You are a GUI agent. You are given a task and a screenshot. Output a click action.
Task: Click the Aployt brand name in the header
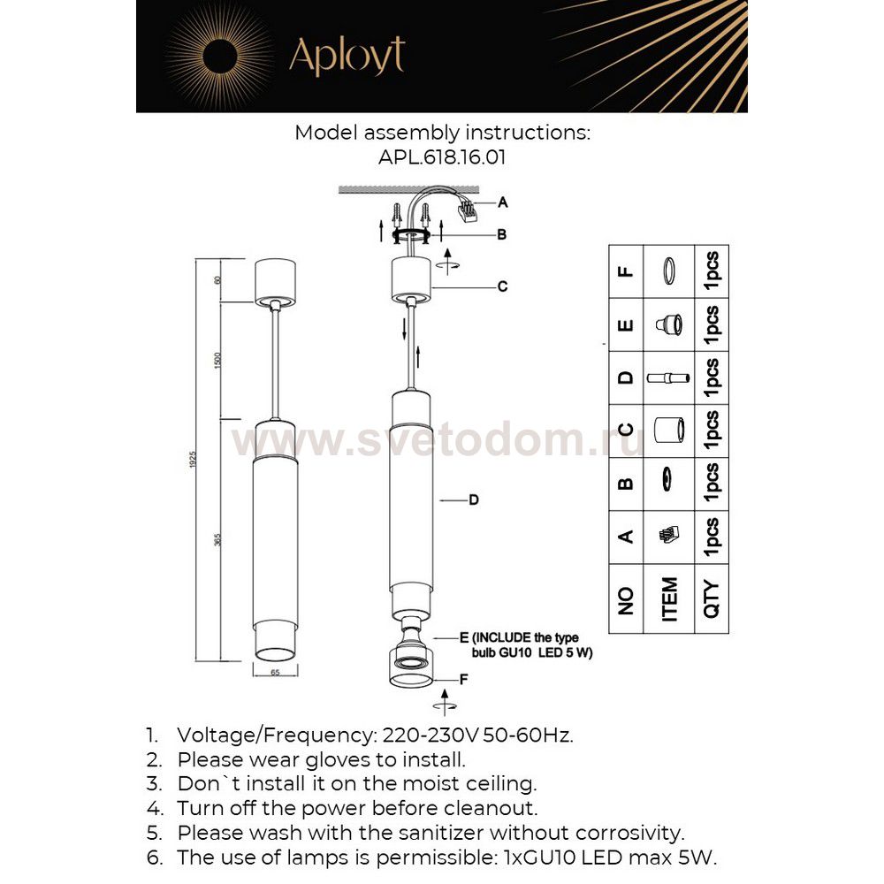coord(347,57)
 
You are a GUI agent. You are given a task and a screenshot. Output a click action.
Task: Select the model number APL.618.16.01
coord(442,156)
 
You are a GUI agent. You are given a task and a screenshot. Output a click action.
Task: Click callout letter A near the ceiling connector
coord(502,202)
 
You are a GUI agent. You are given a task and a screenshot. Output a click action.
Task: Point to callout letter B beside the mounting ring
coord(501,234)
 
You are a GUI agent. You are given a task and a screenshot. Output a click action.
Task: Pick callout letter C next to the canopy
coord(501,286)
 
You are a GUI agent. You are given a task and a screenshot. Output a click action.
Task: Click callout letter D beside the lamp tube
coord(474,500)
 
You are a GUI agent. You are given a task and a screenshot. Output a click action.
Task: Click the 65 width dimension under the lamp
coord(275,673)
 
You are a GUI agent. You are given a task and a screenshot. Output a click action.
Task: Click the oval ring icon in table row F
coord(669,271)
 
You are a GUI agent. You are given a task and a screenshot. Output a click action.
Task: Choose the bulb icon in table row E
coord(669,324)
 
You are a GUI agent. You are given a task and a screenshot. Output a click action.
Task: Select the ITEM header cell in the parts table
coord(669,600)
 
